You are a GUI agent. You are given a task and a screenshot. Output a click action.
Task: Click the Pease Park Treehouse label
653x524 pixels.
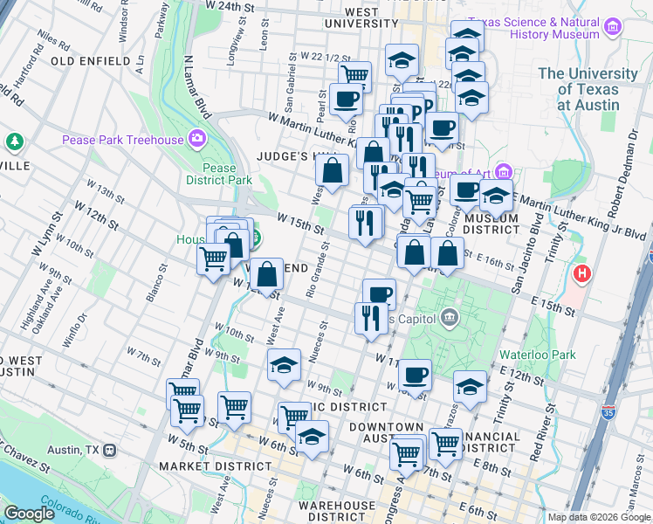pos(122,140)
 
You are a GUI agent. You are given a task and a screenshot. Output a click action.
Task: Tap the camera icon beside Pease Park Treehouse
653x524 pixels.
pos(198,139)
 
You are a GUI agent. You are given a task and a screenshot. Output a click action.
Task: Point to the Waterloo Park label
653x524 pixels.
pos(538,355)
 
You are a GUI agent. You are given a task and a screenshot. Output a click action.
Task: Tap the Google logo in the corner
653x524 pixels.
pos(31,514)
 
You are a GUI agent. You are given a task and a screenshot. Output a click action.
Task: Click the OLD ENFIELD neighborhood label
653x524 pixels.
pos(91,61)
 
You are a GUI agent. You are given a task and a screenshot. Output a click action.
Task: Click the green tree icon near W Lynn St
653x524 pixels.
pos(14,141)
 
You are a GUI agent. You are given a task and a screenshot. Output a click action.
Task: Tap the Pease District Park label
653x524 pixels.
pos(218,175)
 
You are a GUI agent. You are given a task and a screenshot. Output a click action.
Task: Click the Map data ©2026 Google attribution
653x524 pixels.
pos(598,517)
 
